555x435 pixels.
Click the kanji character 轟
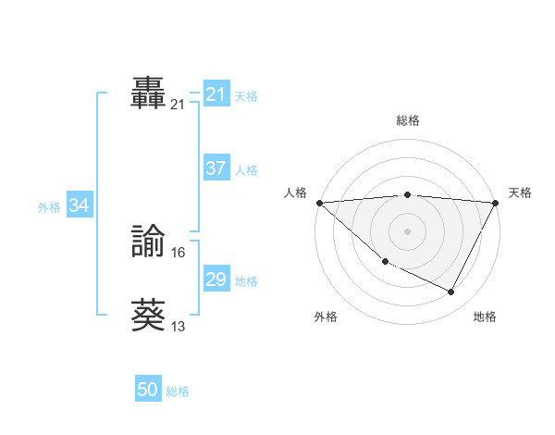(148, 93)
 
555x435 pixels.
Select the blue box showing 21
(216, 94)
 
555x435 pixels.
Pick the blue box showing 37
(216, 169)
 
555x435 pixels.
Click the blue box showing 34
(79, 206)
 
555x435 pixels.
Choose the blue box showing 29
(216, 280)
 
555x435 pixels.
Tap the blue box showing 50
(148, 391)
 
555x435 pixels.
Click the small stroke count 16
(179, 252)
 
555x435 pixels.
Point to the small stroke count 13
(179, 326)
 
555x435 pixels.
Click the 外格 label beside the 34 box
(49, 207)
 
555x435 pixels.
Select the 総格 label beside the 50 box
(178, 391)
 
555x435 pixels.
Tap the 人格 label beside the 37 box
(246, 170)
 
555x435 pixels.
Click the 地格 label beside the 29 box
(246, 280)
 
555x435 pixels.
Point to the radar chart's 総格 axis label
(408, 119)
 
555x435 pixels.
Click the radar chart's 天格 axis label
(520, 193)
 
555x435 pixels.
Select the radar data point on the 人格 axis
(319, 202)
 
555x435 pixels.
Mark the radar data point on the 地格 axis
(451, 292)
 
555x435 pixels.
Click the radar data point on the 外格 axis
(385, 262)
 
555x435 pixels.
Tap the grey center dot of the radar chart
(408, 230)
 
